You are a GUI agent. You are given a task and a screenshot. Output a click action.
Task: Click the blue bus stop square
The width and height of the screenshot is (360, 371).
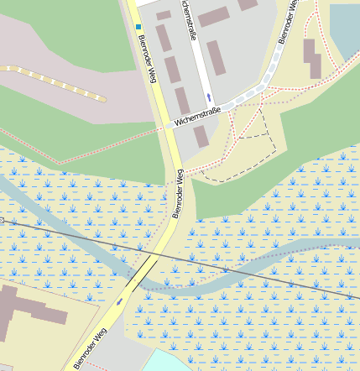139,27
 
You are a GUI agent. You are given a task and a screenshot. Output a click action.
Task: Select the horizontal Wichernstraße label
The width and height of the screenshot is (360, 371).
197,116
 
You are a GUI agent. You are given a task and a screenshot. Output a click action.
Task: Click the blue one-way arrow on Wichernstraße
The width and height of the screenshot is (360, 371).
209,97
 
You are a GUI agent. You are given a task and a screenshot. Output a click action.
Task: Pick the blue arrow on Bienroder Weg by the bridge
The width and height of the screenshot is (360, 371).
120,300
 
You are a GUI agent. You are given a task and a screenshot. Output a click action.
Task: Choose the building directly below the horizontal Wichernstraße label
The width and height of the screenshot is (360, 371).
201,137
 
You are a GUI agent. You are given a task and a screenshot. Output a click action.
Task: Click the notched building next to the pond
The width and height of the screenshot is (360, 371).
312,58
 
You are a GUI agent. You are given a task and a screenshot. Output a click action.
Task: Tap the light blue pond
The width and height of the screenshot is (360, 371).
346,29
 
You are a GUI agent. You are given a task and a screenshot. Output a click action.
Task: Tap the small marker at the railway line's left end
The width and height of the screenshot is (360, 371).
3,220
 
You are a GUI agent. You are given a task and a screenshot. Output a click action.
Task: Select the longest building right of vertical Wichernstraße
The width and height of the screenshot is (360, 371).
217,58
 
